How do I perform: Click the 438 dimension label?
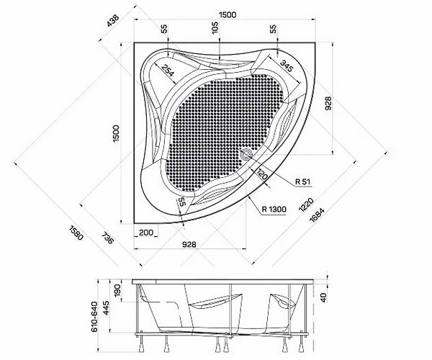[113, 20]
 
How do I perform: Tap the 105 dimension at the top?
[215, 27]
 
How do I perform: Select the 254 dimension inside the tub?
[168, 70]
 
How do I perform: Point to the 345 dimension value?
[287, 66]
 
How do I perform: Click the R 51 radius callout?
[302, 181]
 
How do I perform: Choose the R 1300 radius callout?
[274, 210]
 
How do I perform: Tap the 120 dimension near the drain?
[263, 174]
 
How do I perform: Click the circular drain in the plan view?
[246, 153]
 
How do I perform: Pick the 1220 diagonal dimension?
[306, 204]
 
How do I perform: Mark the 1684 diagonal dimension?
[317, 215]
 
